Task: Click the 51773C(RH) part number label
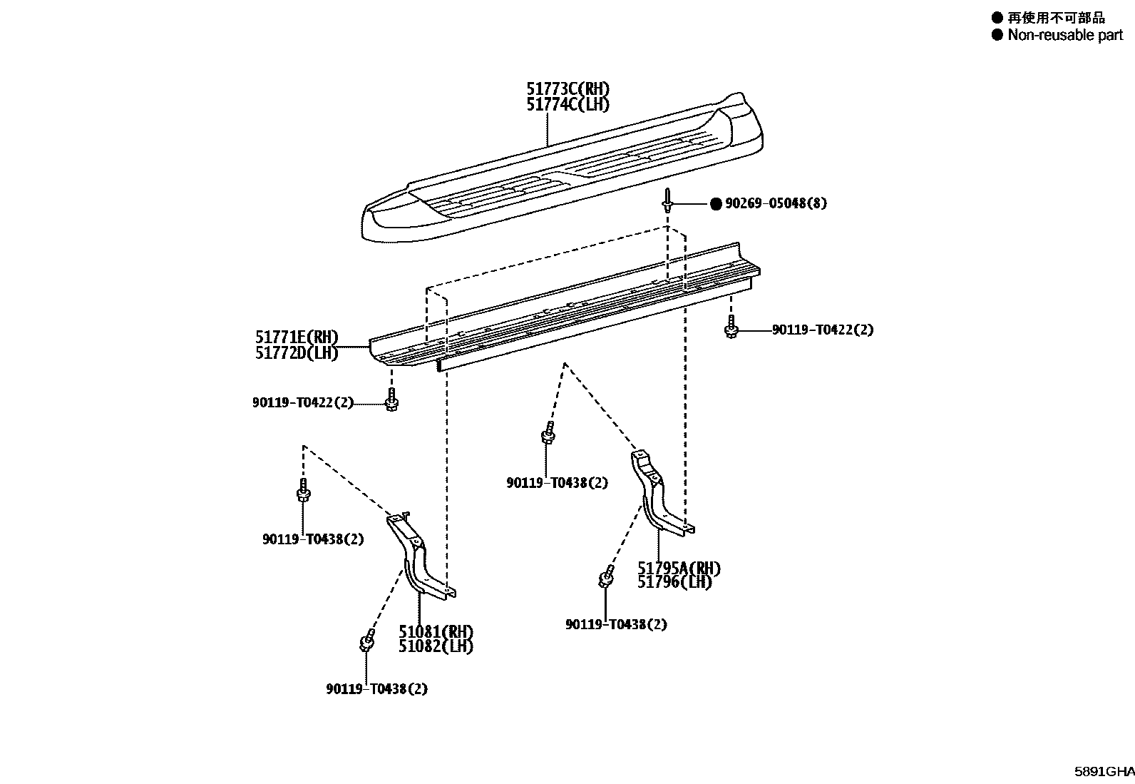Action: coord(568,88)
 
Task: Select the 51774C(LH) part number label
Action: coord(568,104)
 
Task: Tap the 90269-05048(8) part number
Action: coord(776,203)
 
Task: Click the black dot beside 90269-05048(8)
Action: coord(716,204)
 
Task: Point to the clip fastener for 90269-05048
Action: coord(667,200)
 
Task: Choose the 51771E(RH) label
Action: coord(297,337)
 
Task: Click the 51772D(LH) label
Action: coord(297,353)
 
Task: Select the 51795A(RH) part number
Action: coord(679,569)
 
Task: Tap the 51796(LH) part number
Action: coord(674,582)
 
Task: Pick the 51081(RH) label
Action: coord(436,632)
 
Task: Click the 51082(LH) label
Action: coord(436,646)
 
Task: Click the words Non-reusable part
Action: coord(1065,35)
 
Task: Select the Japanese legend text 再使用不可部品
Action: coord(1056,19)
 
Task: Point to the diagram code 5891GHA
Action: coord(1104,771)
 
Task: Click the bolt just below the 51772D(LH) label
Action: coord(391,399)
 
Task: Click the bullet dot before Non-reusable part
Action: coord(997,35)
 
